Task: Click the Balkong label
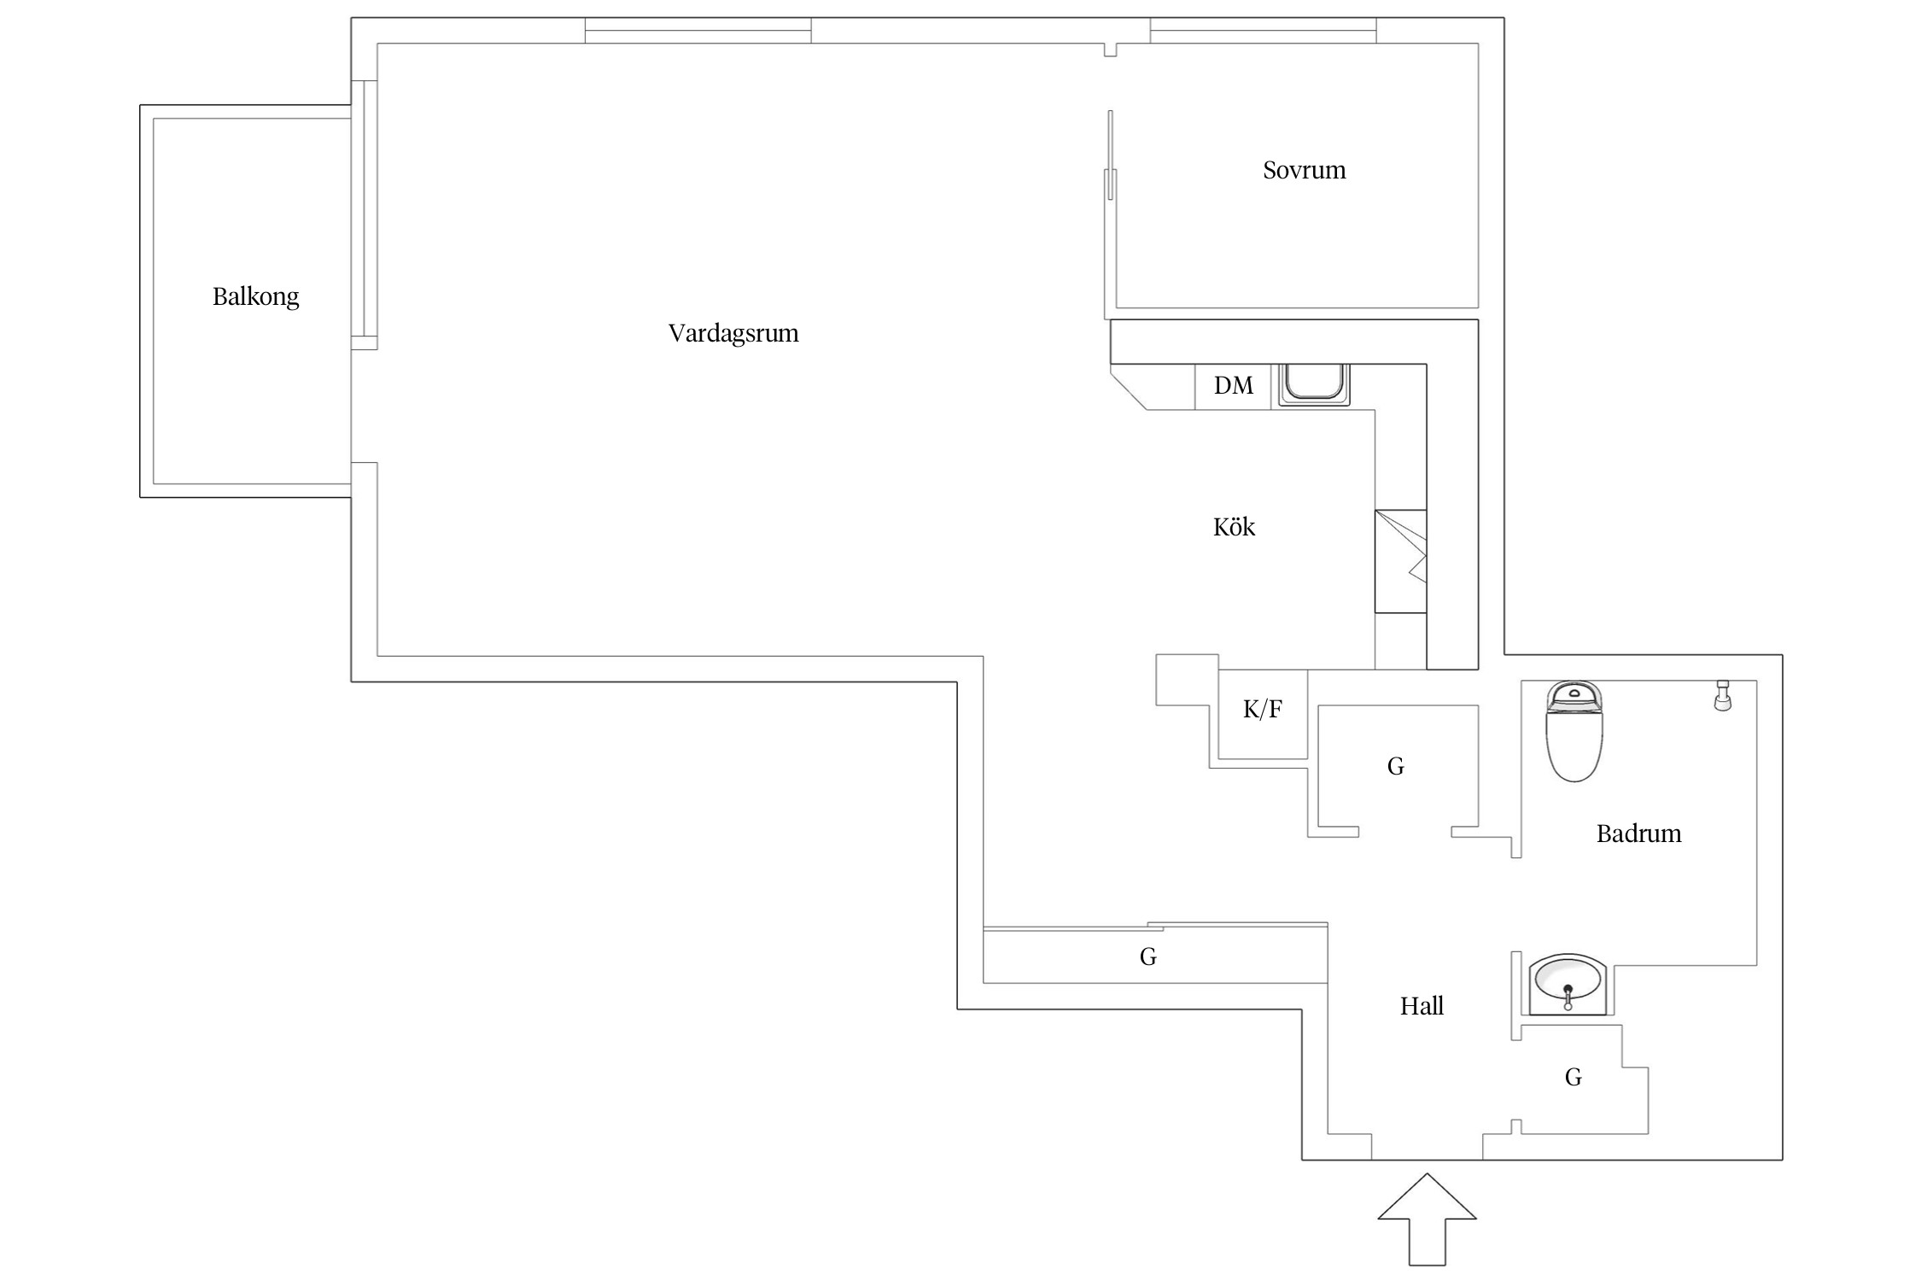coord(255,297)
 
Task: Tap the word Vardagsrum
coord(733,333)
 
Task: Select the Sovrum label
coord(1304,170)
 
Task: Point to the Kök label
coord(1234,527)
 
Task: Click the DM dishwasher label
coord(1234,385)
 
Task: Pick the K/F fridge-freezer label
coord(1262,709)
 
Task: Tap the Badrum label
coord(1638,834)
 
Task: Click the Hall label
coord(1422,1006)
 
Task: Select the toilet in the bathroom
coord(1574,731)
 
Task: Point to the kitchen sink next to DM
coord(1314,384)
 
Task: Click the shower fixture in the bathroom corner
coord(1722,695)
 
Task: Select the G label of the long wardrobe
coord(1147,956)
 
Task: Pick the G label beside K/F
coord(1395,766)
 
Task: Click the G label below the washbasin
coord(1573,1077)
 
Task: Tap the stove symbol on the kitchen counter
coord(1400,561)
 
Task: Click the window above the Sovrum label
coord(1263,30)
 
